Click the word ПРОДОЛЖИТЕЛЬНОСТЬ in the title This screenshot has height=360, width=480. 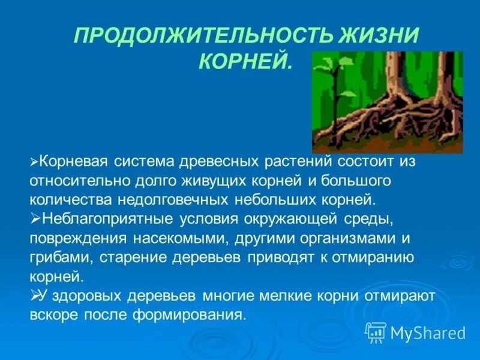point(199,36)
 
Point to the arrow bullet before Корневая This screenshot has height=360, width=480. point(34,163)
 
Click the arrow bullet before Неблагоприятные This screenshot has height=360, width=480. point(34,218)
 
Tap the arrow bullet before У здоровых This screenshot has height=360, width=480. point(34,295)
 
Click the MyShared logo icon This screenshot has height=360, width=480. point(376,332)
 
